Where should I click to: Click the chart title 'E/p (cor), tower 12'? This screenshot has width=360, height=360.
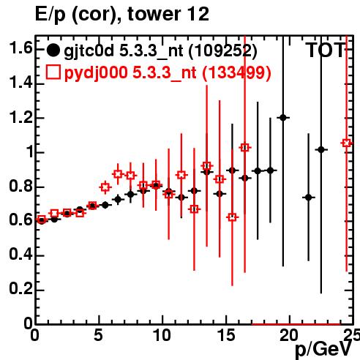122,15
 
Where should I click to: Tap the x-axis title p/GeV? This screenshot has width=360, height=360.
323,350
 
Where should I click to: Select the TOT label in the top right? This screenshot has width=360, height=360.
326,50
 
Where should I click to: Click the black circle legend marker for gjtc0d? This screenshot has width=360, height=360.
53,50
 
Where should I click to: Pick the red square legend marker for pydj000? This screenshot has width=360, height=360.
53,72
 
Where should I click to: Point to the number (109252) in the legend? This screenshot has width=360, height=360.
222,51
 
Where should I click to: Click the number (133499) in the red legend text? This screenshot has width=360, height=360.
236,72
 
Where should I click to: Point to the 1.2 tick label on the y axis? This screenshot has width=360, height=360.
20,118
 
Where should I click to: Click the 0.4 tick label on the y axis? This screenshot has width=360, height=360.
20,255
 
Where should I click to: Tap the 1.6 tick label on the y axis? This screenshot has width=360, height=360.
20,48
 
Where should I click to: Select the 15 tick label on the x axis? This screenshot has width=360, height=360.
227,335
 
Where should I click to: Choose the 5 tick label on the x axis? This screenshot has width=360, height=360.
98,335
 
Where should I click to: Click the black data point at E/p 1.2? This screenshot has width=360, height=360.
283,118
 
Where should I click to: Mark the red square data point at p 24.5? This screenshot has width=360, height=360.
347,143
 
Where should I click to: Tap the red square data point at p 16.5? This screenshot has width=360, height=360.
245,148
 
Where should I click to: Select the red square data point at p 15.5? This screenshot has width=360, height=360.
232,217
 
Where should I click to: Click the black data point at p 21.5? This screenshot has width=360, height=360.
309,197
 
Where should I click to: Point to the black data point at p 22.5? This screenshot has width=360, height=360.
321,149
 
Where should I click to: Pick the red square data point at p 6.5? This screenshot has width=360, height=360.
118,174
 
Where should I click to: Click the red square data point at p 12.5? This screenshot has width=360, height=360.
194,209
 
